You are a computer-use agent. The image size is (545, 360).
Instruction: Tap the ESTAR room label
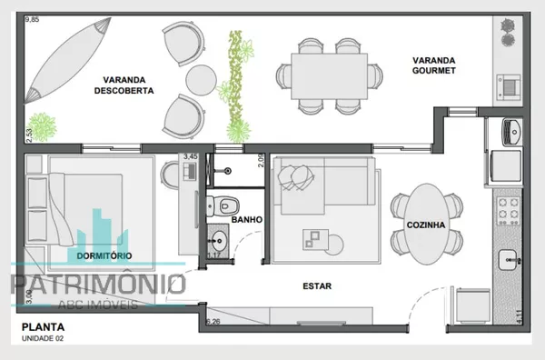[317, 286]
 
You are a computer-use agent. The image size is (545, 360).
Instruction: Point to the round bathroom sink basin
[219, 242]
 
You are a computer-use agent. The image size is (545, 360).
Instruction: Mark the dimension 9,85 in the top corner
[32, 19]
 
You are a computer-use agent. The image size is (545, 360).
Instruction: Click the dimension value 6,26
[213, 321]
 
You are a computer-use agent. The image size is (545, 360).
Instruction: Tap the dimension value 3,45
[191, 157]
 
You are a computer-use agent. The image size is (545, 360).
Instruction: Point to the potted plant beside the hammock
[41, 125]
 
